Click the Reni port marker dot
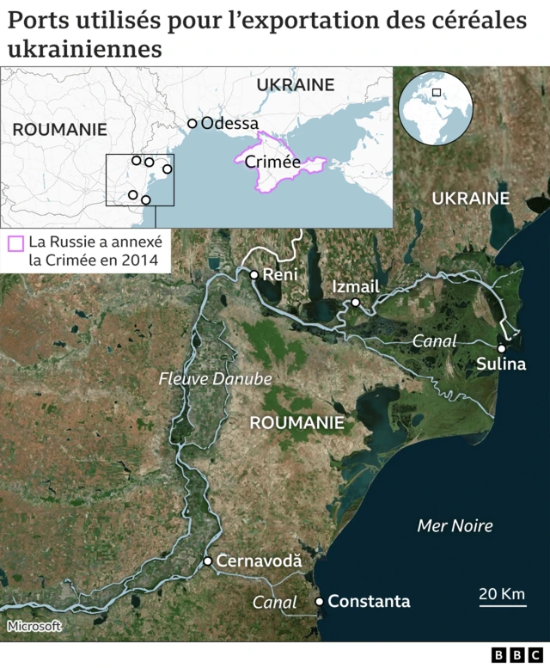pyautogui.click(x=254, y=275)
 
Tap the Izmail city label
pyautogui.click(x=355, y=287)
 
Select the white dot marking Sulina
pyautogui.click(x=501, y=348)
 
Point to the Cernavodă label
pyautogui.click(x=259, y=561)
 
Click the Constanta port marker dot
pyautogui.click(x=320, y=602)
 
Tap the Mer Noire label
pyautogui.click(x=455, y=525)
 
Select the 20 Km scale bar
pyautogui.click(x=501, y=600)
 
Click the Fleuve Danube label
pyautogui.click(x=215, y=378)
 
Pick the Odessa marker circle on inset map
pyautogui.click(x=192, y=124)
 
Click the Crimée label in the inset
pyautogui.click(x=272, y=162)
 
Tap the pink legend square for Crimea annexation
pyautogui.click(x=15, y=243)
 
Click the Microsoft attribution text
pyautogui.click(x=34, y=626)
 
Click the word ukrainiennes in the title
pyautogui.click(x=84, y=49)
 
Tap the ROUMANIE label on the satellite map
pyautogui.click(x=296, y=423)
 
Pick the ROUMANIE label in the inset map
pyautogui.click(x=59, y=130)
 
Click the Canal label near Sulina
pyautogui.click(x=435, y=341)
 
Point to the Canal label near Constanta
pyautogui.click(x=275, y=603)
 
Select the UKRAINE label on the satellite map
pyautogui.click(x=471, y=199)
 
